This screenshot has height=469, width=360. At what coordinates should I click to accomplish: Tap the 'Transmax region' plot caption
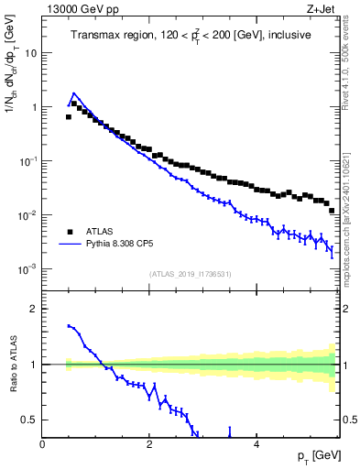point(191,35)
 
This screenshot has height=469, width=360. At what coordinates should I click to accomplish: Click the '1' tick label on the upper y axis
point(34,107)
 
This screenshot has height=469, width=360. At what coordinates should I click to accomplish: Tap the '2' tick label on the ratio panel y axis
point(34,309)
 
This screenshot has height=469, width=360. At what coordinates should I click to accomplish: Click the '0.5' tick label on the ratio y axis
point(29,420)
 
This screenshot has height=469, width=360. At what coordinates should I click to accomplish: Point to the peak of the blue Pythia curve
point(74,93)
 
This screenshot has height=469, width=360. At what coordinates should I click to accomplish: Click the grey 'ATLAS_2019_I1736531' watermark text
point(191,274)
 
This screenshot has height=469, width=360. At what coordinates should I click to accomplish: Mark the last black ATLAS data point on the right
point(332,211)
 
